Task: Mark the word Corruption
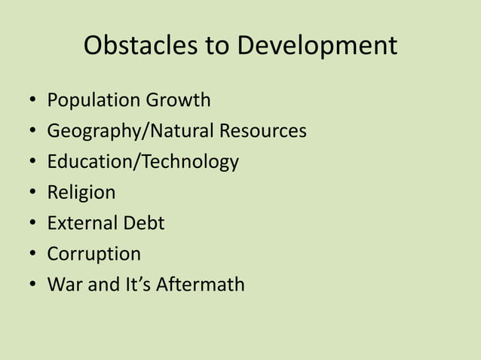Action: point(93,254)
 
